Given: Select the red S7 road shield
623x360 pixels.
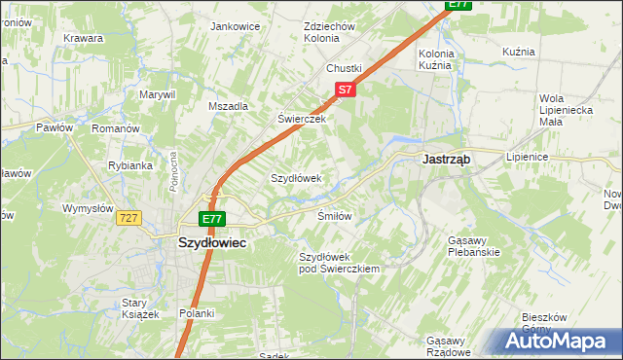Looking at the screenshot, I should (x=345, y=90).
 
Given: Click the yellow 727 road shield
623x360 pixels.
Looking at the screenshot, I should (x=128, y=219).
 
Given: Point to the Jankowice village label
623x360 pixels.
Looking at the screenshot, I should (x=235, y=26).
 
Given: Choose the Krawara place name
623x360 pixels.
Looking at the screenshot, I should (x=84, y=38).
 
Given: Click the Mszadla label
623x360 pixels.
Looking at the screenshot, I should (x=229, y=106).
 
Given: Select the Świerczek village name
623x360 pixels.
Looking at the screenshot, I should (x=300, y=119).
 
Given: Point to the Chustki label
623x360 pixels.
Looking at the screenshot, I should (x=344, y=68).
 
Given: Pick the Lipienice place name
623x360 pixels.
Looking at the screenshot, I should (x=528, y=156).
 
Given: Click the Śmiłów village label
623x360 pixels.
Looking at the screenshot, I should (x=334, y=215).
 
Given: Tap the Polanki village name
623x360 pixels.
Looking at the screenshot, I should (x=196, y=312).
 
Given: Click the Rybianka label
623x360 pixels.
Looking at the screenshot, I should (x=129, y=165).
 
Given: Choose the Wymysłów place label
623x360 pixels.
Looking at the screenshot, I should (x=89, y=208).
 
